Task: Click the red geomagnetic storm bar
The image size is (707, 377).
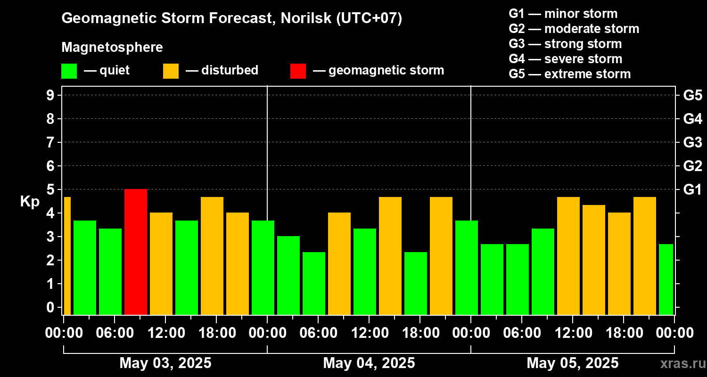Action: click(136, 252)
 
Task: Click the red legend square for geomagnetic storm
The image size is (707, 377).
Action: click(298, 71)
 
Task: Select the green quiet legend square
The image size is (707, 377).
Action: click(69, 71)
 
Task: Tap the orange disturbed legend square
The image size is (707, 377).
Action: click(171, 71)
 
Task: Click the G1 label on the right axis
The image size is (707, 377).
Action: click(692, 189)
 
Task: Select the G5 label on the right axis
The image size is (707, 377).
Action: click(692, 95)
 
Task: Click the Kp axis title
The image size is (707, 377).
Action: click(30, 202)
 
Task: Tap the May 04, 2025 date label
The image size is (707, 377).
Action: click(369, 363)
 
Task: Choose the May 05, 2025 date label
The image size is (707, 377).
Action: click(572, 363)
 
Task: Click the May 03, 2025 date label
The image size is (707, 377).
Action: click(165, 363)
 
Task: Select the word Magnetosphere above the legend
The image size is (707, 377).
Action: click(112, 48)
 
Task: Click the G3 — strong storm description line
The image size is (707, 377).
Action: click(565, 44)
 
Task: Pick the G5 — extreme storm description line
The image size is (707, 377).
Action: click(569, 74)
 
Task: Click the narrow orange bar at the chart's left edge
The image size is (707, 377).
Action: click(67, 255)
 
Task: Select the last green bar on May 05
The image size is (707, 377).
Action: click(666, 279)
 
